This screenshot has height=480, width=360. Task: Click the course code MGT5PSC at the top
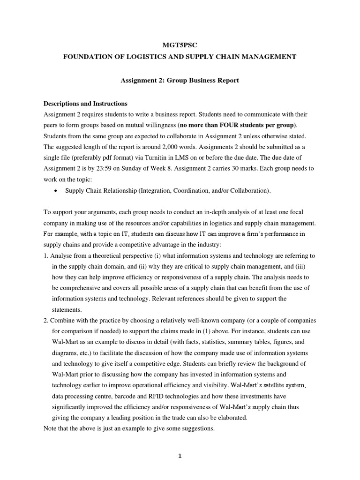click(180, 45)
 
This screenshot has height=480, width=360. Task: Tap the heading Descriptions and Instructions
click(85, 104)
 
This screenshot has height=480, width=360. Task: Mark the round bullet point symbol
click(56, 191)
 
